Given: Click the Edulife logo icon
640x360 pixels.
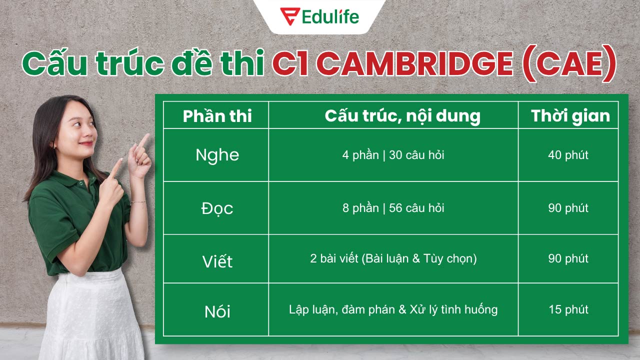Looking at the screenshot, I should [289, 16].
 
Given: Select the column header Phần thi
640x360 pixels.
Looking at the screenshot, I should [217, 116].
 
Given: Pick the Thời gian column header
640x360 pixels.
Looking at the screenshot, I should [570, 116].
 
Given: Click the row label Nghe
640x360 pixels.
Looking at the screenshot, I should [217, 155].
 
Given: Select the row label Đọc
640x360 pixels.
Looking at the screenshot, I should [217, 208].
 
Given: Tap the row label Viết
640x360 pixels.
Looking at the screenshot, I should [217, 260].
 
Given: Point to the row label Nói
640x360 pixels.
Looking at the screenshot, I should [217, 311].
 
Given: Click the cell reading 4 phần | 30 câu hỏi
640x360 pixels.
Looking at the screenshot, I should [393, 155].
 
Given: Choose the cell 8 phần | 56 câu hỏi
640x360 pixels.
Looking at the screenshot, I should [393, 208].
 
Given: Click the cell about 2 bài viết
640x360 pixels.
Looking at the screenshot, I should [393, 259].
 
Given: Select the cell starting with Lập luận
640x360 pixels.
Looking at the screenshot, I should [393, 309].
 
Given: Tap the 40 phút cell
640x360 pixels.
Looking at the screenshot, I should [568, 155].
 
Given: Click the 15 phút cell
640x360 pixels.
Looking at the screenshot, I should [568, 309].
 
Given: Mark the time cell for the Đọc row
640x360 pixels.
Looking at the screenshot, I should [568, 208].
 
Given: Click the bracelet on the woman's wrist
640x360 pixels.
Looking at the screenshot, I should [138, 202].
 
